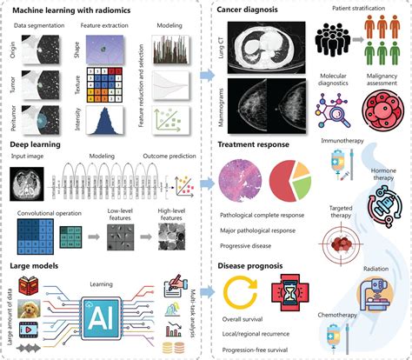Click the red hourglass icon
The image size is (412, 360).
290,301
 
